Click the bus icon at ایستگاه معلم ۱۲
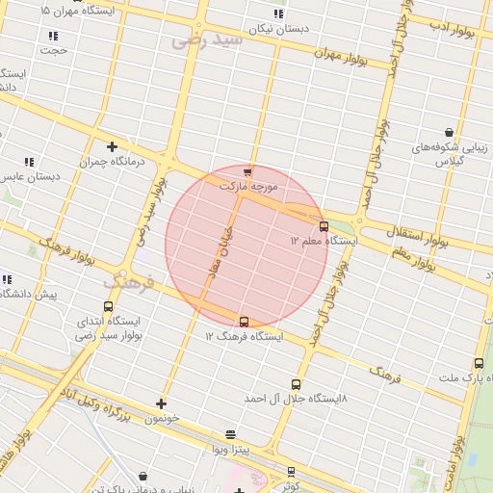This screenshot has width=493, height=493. click(324, 226)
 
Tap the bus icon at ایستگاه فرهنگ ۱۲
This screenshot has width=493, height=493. click(243, 322)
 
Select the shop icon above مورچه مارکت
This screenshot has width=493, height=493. click(247, 171)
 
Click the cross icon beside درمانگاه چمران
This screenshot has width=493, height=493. click(113, 147)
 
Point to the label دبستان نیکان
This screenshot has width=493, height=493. click(279, 29)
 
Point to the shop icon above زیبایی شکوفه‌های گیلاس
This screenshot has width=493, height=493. click(450, 132)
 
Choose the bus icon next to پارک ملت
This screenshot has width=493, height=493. click(479, 363)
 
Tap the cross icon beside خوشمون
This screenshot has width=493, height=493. click(161, 404)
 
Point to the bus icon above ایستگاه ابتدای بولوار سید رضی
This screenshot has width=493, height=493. click(108, 306)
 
